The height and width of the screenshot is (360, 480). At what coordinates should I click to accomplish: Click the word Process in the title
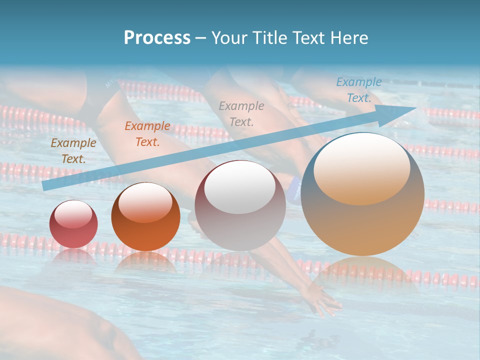[157, 38]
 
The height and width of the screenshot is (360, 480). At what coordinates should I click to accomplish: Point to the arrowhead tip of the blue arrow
[416, 108]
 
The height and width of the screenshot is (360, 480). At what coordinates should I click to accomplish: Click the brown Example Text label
[73, 151]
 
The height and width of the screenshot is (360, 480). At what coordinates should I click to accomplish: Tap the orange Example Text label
[147, 134]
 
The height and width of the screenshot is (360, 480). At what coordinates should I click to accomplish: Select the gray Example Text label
[241, 113]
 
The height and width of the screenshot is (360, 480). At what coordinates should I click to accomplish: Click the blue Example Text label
[358, 90]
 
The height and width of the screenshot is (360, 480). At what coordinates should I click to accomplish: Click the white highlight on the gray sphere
[240, 187]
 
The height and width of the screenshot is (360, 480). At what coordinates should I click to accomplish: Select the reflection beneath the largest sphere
[362, 272]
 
